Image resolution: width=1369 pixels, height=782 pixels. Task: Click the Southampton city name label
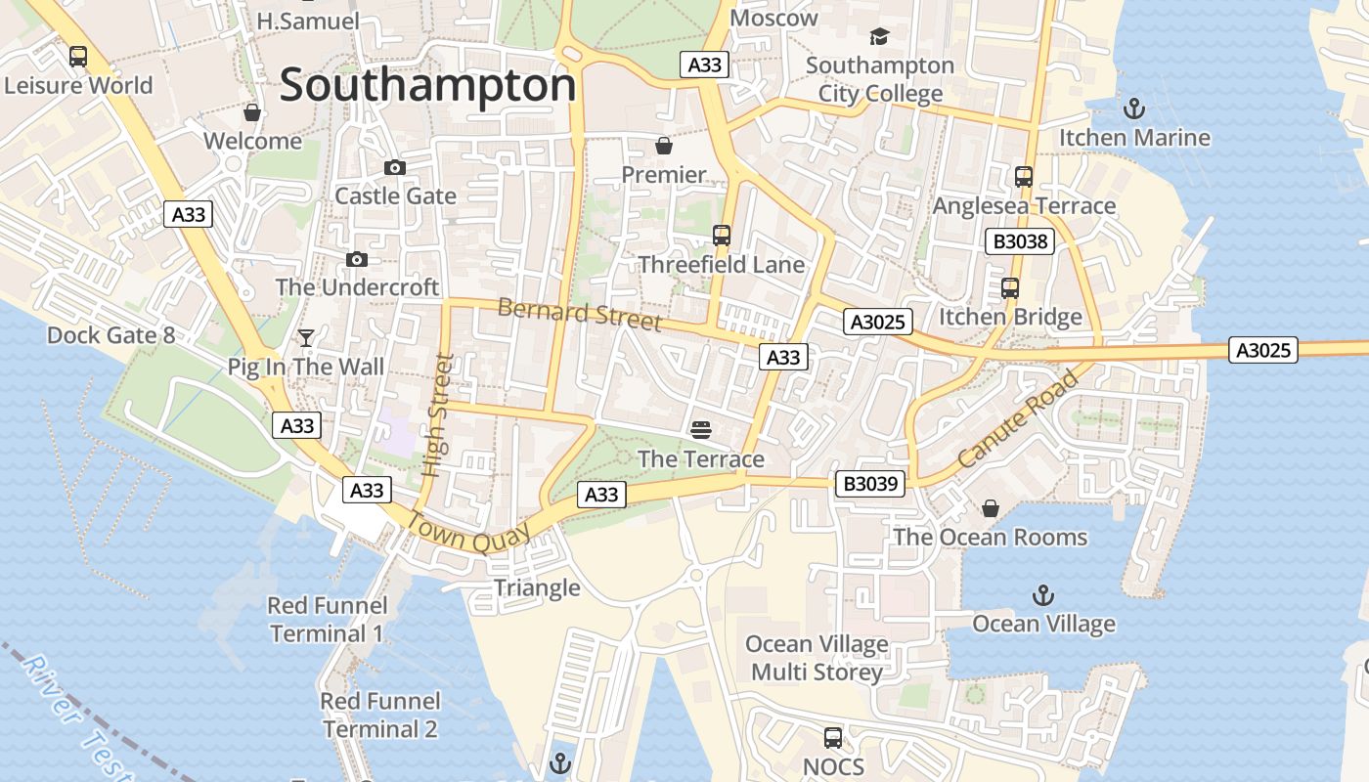(427, 85)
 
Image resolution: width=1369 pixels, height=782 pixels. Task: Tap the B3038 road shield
(1019, 241)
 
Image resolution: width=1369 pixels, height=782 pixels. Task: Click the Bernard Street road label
(579, 314)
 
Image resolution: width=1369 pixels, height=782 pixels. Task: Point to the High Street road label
(441, 414)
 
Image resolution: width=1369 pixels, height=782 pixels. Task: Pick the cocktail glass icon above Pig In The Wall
(306, 338)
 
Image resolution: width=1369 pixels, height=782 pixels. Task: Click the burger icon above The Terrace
(700, 429)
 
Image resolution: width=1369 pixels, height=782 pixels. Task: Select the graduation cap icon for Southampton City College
(879, 37)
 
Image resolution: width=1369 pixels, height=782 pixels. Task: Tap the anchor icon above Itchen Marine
(1134, 109)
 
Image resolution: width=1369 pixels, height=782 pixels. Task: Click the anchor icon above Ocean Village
(1043, 594)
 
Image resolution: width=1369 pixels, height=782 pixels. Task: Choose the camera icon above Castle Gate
(395, 168)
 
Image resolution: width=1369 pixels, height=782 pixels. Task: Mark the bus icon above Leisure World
(78, 57)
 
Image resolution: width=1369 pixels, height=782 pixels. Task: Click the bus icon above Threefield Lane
(722, 236)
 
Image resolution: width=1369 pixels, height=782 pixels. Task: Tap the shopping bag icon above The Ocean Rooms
(990, 508)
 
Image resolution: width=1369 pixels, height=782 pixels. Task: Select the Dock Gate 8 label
(110, 335)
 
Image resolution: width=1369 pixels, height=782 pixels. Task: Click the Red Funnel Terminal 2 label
(380, 715)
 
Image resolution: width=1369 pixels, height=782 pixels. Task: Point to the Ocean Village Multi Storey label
(817, 658)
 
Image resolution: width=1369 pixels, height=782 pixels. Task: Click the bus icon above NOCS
(833, 738)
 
